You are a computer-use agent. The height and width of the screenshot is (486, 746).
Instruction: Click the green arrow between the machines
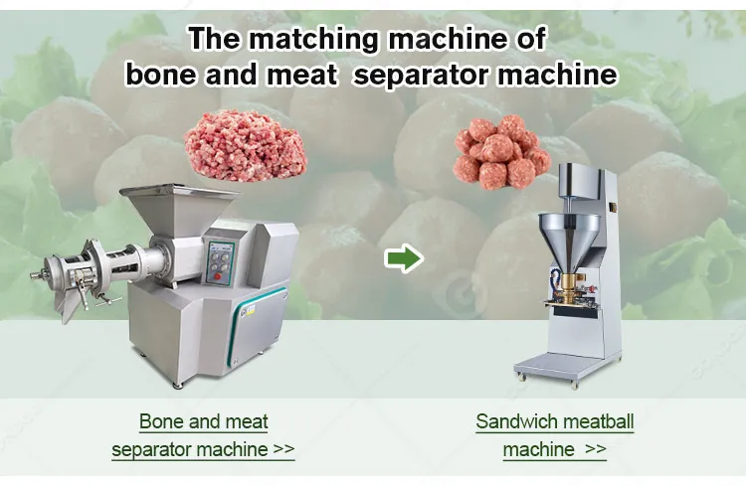click(404, 258)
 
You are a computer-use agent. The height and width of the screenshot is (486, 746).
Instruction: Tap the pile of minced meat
click(246, 145)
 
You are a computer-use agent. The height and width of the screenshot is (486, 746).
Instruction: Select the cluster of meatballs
click(500, 152)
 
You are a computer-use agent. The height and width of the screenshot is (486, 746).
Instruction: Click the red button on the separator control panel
click(218, 275)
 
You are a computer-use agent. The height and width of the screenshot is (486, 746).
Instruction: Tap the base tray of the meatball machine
click(554, 366)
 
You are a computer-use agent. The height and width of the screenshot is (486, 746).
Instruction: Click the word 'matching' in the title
click(314, 39)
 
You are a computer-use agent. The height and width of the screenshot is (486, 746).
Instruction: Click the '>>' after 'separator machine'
click(284, 448)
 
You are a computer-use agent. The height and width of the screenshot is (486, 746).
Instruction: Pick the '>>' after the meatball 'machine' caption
click(595, 448)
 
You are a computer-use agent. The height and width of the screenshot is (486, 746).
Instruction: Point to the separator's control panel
click(220, 263)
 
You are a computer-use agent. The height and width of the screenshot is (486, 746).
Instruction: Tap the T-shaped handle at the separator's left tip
click(38, 274)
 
